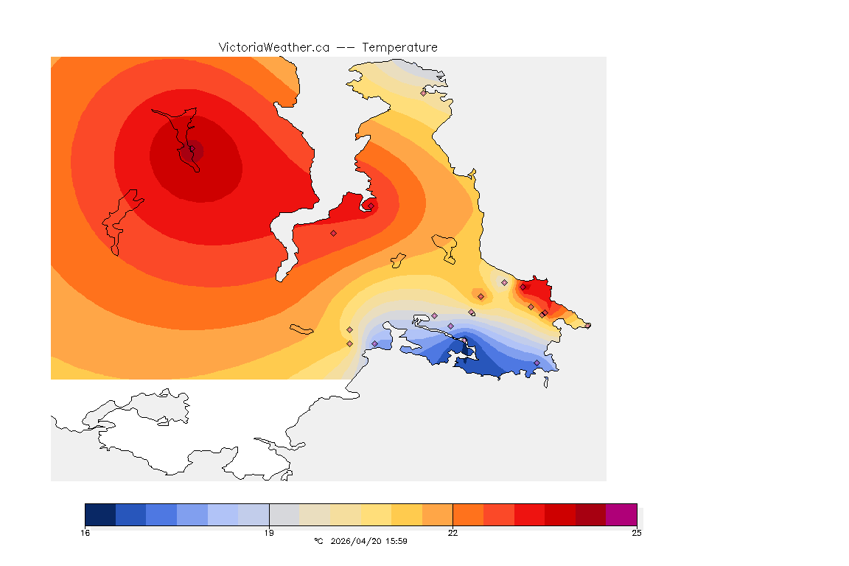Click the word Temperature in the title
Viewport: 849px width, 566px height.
pos(399,47)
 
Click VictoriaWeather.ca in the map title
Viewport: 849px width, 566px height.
pos(273,47)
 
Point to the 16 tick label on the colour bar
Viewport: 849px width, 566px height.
pos(85,533)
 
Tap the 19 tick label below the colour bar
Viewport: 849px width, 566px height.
pos(269,533)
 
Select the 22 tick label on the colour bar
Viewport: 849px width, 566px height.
pos(453,533)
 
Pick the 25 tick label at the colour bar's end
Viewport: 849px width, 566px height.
pos(636,533)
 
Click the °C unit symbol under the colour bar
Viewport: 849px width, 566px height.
pos(318,541)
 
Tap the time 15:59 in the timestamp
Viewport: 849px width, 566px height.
pos(396,541)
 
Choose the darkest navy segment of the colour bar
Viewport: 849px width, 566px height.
pos(100,514)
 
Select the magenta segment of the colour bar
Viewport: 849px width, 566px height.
pos(621,514)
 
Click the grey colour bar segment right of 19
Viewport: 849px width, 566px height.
pos(284,514)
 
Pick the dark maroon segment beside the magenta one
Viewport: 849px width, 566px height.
pos(590,514)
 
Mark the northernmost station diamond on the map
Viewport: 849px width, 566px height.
pos(424,93)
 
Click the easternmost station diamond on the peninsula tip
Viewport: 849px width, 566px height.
pos(587,325)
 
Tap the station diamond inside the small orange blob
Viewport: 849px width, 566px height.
pos(481,296)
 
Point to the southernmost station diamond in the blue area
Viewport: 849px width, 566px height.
pos(537,363)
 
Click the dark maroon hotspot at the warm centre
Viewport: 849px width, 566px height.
pos(195,151)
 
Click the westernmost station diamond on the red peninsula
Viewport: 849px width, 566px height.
pos(333,233)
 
